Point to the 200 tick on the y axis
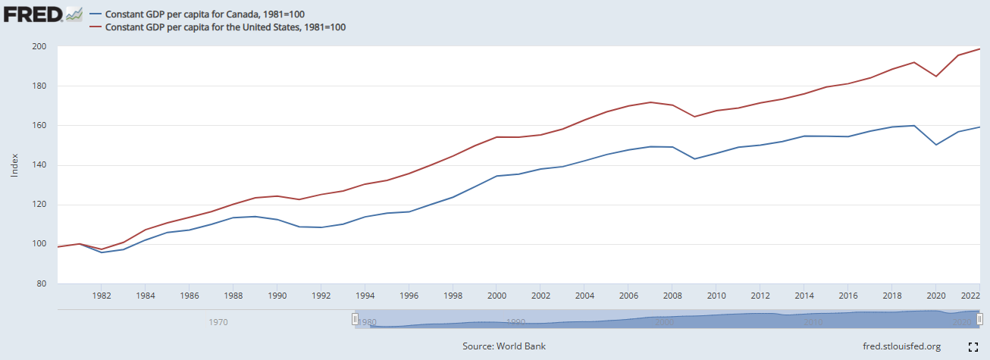click(39, 47)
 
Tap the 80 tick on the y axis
click(42, 283)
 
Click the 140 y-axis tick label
click(39, 165)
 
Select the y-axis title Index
click(14, 165)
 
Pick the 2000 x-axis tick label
click(497, 296)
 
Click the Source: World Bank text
click(504, 346)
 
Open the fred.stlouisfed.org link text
click(901, 346)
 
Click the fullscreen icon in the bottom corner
click(974, 347)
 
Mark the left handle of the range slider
click(355, 319)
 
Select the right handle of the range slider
click(979, 319)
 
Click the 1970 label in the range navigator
click(218, 322)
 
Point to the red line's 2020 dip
click(936, 76)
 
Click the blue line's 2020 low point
click(936, 145)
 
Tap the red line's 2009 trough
click(694, 117)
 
